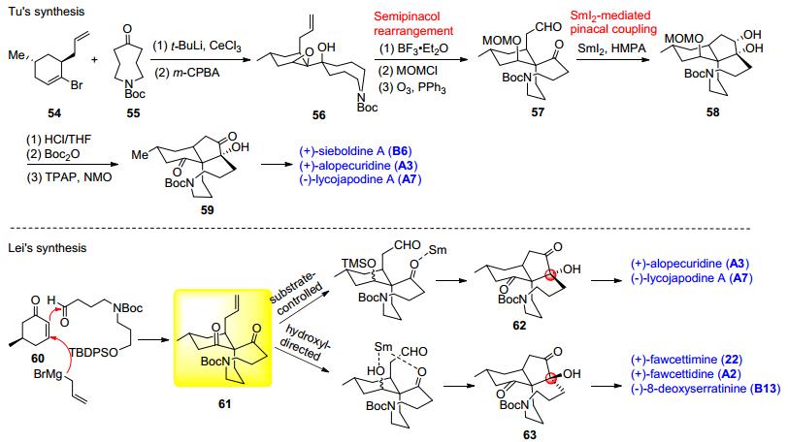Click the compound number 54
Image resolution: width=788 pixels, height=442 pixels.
[54, 112]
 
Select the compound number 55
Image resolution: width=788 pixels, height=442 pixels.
[133, 112]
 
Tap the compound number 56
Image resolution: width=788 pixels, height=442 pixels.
[318, 115]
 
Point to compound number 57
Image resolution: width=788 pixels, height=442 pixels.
[538, 111]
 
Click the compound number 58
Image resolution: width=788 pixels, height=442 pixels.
[712, 111]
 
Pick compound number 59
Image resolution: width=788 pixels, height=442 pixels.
[207, 209]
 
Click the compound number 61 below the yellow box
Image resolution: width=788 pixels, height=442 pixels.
[224, 403]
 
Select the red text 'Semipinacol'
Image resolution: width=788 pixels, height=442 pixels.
[407, 16]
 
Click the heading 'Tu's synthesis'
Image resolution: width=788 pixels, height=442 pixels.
[47, 12]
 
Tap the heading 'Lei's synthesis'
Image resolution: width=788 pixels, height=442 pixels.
[48, 248]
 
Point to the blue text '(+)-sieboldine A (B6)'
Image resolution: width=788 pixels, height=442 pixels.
[355, 151]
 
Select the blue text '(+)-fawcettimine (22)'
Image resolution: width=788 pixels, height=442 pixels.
[686, 360]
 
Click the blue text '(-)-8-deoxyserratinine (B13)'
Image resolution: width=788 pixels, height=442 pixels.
[706, 389]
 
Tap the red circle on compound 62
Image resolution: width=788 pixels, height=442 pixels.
[551, 275]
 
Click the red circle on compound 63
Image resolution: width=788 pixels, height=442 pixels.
[551, 378]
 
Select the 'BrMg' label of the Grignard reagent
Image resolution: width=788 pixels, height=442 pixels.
[48, 374]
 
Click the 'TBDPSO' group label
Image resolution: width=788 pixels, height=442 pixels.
[93, 353]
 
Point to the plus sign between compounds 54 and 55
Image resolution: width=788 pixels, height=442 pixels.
[94, 60]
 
